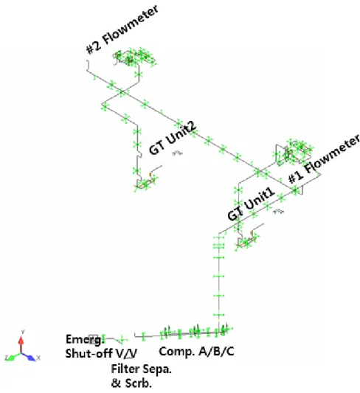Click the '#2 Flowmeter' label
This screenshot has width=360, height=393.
(x=122, y=29)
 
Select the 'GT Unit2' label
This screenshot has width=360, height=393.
(x=173, y=139)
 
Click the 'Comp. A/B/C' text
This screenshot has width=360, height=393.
(x=197, y=351)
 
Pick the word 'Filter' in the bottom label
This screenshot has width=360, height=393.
(x=125, y=369)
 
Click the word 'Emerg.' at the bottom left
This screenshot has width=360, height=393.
(x=85, y=339)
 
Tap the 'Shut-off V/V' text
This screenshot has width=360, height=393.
(x=101, y=353)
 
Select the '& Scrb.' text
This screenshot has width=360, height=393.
(x=131, y=383)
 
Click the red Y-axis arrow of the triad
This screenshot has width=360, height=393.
(x=21, y=344)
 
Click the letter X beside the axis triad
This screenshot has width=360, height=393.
(x=38, y=358)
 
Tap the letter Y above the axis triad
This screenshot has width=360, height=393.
(x=23, y=332)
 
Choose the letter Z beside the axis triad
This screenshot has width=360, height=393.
(x=6, y=358)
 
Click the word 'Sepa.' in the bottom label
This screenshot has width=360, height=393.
(x=157, y=369)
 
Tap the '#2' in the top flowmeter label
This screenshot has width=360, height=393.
(x=94, y=47)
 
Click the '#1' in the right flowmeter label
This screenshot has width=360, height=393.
(x=296, y=177)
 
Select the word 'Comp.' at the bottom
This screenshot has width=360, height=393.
(x=177, y=352)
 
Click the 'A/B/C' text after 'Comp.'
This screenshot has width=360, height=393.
(x=217, y=351)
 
